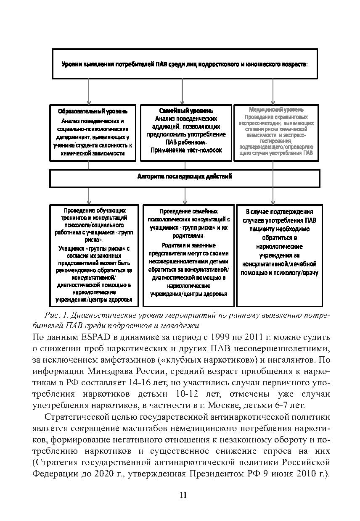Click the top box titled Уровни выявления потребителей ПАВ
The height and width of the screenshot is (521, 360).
click(184, 64)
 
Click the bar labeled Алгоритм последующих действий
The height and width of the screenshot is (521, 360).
click(184, 177)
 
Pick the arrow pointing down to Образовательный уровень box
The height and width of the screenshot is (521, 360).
click(89, 92)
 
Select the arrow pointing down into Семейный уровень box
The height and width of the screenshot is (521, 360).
click(182, 92)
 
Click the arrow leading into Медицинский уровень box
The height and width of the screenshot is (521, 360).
click(273, 92)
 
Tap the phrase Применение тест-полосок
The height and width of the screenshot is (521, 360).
click(184, 150)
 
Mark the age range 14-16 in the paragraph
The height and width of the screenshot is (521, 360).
click(161, 383)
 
